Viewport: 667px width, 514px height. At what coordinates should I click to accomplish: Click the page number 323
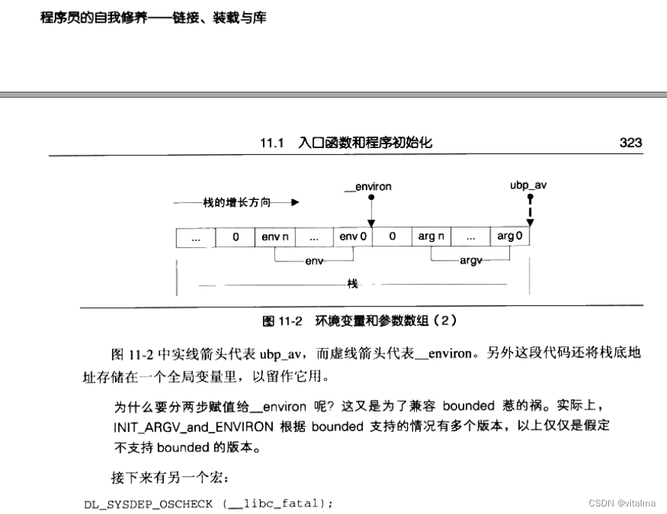630,143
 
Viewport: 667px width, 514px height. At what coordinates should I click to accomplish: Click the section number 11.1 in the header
271,143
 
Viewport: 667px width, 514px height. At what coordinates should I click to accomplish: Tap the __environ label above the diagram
368,186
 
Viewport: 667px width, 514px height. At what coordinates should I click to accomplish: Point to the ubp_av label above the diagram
528,184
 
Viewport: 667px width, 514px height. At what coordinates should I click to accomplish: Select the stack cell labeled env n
275,237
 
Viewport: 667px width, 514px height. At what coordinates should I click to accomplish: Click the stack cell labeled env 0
353,237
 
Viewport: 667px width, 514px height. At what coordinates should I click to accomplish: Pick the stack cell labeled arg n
431,237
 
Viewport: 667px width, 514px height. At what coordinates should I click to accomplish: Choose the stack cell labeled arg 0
510,237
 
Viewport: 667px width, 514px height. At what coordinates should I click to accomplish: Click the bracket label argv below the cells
470,261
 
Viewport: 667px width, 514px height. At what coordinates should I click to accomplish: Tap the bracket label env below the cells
314,261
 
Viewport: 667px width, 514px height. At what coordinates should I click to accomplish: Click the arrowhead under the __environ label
371,222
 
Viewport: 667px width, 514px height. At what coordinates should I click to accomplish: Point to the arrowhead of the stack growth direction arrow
295,203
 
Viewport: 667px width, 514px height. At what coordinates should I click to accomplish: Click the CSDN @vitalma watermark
621,503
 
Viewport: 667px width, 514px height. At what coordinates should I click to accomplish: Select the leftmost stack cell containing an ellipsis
196,237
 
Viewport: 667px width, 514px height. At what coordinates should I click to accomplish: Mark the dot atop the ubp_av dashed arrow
530,198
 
